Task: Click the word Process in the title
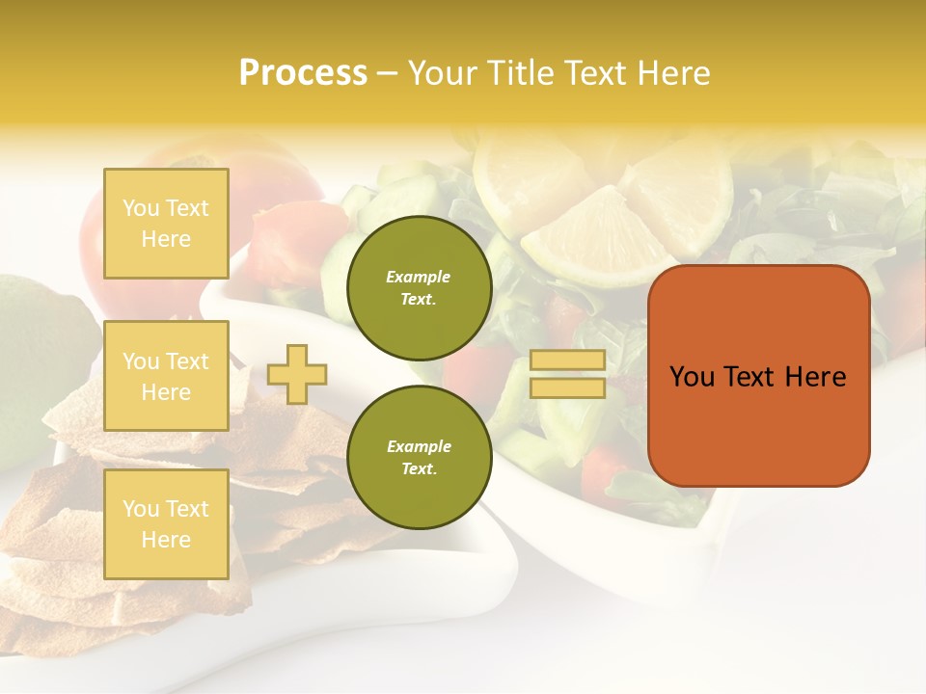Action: pos(303,73)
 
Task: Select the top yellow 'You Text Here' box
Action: pos(166,224)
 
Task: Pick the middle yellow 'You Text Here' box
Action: pos(166,376)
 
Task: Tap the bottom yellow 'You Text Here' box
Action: pos(166,524)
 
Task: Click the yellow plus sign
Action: pos(297,374)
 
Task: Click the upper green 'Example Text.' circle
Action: pos(419,287)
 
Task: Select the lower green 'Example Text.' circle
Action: pos(419,457)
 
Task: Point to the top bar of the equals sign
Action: pos(568,360)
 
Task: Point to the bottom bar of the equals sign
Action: pos(568,388)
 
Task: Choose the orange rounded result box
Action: pos(758,376)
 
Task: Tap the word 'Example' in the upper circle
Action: pos(419,277)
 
